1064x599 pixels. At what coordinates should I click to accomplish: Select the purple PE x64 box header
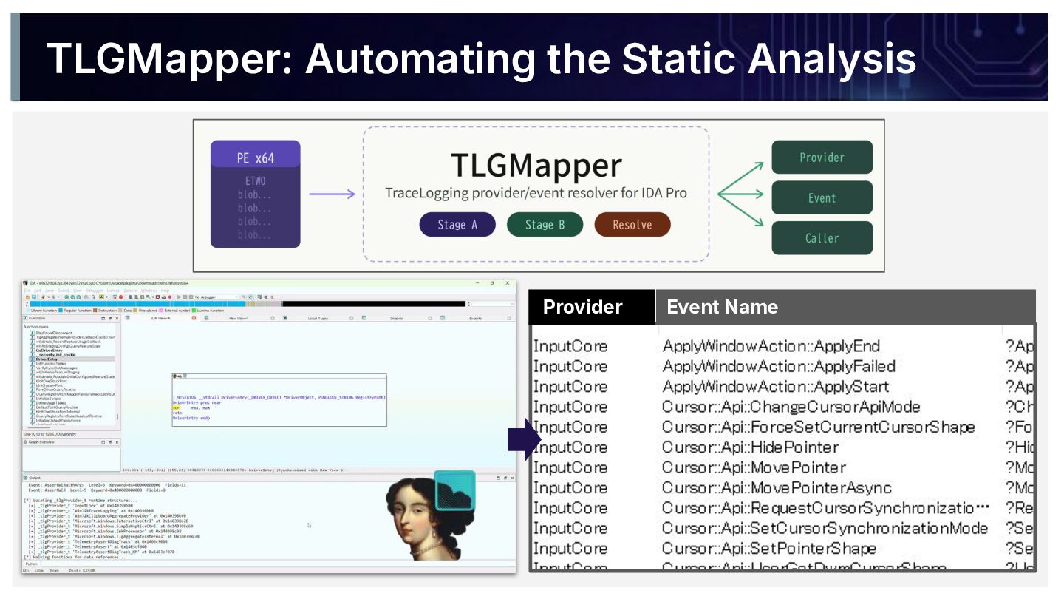tap(255, 158)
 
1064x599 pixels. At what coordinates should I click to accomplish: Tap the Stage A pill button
tap(457, 225)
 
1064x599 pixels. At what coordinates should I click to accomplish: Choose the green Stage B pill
tap(545, 225)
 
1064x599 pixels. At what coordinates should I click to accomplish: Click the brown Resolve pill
tap(632, 225)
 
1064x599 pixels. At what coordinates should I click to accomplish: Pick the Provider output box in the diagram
tap(822, 158)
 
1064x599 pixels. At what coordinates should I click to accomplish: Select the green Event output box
tap(822, 198)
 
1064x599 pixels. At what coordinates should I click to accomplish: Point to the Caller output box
tap(822, 238)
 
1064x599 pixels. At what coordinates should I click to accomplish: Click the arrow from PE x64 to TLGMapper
tap(331, 194)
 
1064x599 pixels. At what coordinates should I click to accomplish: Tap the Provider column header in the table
tap(583, 307)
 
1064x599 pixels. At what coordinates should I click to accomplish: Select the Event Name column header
tap(722, 307)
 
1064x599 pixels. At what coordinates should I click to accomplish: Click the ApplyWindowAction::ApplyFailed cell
tap(778, 367)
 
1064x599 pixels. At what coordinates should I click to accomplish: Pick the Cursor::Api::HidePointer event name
tap(750, 447)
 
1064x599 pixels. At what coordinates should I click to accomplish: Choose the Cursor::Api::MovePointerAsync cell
tap(776, 488)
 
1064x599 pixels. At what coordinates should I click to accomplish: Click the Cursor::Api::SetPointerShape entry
tap(768, 549)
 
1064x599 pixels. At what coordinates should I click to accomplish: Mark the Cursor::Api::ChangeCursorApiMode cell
tap(791, 407)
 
